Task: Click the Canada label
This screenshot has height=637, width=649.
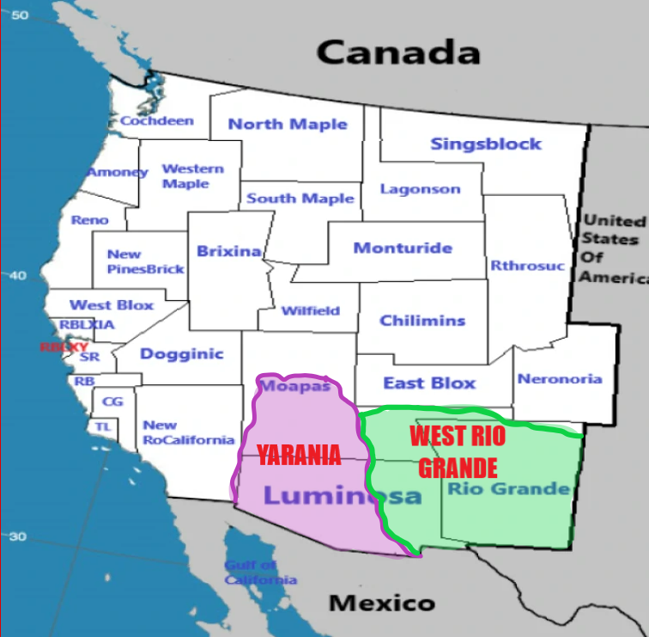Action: [397, 52]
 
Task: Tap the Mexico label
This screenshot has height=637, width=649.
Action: [381, 603]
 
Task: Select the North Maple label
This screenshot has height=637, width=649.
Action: [288, 124]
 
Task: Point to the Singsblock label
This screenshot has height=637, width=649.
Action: [486, 144]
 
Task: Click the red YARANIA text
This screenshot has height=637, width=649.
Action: [300, 455]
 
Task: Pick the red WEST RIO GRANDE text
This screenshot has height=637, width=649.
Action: [457, 451]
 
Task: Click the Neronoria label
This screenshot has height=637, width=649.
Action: [560, 378]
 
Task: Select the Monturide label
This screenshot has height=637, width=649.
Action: [403, 248]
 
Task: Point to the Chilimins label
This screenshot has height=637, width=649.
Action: [422, 321]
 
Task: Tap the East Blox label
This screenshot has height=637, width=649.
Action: [428, 383]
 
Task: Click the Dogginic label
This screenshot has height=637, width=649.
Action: [181, 353]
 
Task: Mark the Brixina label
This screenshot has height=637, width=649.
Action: [228, 251]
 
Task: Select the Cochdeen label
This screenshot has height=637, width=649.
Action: [156, 121]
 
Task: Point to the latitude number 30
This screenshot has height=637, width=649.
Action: [18, 536]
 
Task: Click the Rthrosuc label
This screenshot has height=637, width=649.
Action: [527, 266]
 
